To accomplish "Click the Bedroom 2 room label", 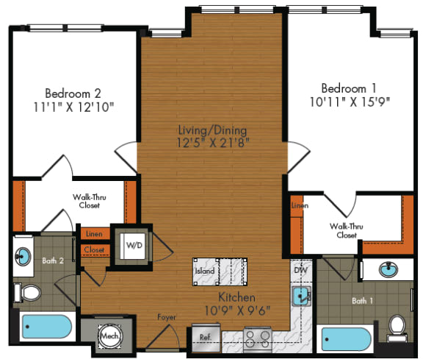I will pyautogui.click(x=73, y=93).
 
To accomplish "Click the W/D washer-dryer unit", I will pyautogui.click(x=134, y=244).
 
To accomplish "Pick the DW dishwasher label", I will pyautogui.click(x=299, y=270).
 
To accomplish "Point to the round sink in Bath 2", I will pyautogui.click(x=23, y=257).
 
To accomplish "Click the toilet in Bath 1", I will pyautogui.click(x=397, y=326).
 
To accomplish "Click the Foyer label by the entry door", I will pyautogui.click(x=167, y=318).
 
